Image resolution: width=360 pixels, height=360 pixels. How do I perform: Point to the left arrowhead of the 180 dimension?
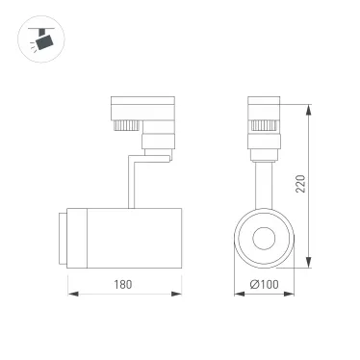70,293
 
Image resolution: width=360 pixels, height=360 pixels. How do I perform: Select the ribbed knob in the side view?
127,125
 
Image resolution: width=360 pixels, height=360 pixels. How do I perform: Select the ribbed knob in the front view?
262,125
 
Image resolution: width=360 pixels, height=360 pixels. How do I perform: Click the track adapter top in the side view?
142,105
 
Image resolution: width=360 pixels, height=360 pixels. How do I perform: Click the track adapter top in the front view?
262,105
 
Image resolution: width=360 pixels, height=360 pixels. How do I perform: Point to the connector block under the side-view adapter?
155,142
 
